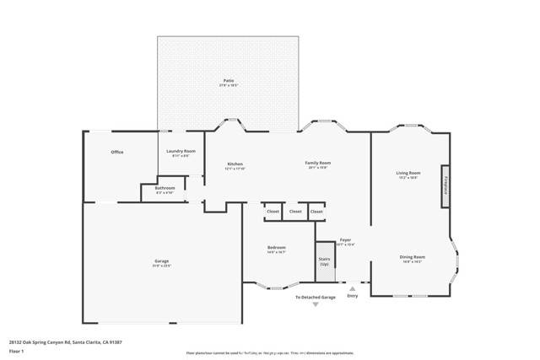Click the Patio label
tap(229, 82)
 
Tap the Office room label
tap(117, 152)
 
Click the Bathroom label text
tap(165, 189)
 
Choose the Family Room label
tap(317, 163)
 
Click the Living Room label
tap(408, 175)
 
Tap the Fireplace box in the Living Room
tap(443, 185)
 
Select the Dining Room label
tap(412, 257)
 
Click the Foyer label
tap(345, 240)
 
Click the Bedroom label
tap(277, 248)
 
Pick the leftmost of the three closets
tap(273, 212)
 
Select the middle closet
tap(294, 212)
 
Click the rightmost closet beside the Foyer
tap(316, 212)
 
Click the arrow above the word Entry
tap(353, 288)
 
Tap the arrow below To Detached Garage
tap(316, 304)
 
